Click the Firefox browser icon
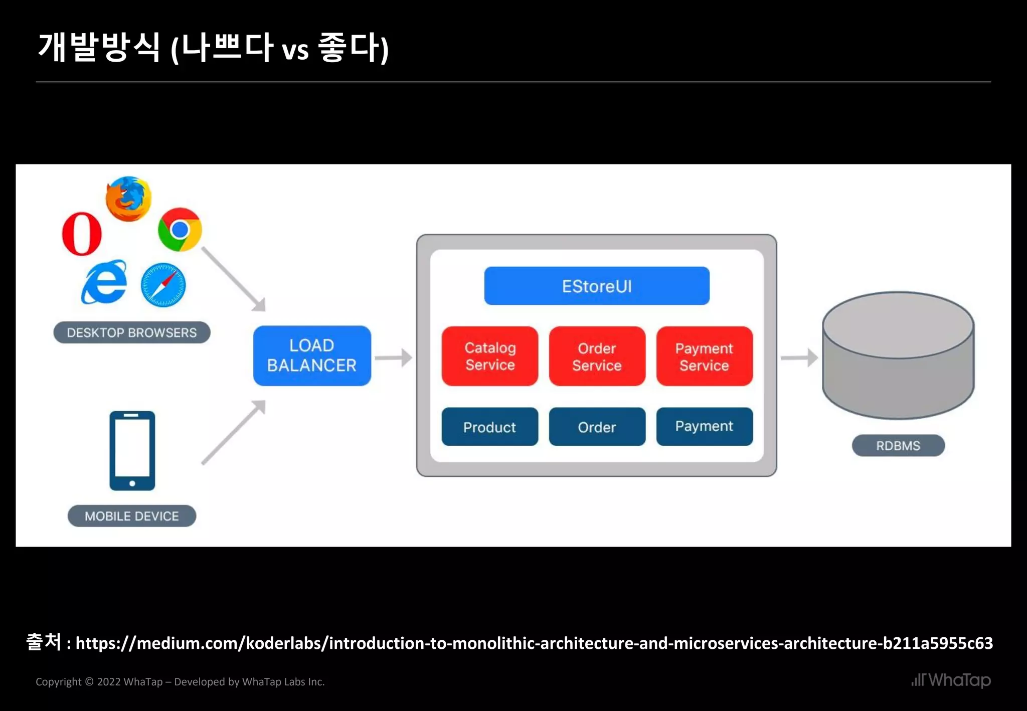[x=128, y=199]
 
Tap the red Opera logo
[x=82, y=234]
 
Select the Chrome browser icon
[x=180, y=230]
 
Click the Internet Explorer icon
[x=104, y=282]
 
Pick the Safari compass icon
[x=163, y=285]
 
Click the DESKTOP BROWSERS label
[x=132, y=332]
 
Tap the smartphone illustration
[x=132, y=450]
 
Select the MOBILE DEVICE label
[x=132, y=516]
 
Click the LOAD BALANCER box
[x=312, y=355]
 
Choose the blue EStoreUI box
[x=597, y=286]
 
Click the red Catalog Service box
[x=490, y=356]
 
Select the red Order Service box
[x=597, y=357]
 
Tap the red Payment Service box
[x=704, y=357]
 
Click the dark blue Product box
[x=490, y=427]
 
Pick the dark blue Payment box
[x=704, y=426]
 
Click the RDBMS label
[x=898, y=445]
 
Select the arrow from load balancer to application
[x=394, y=358]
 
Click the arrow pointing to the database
[x=799, y=358]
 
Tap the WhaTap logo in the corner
[x=951, y=680]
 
